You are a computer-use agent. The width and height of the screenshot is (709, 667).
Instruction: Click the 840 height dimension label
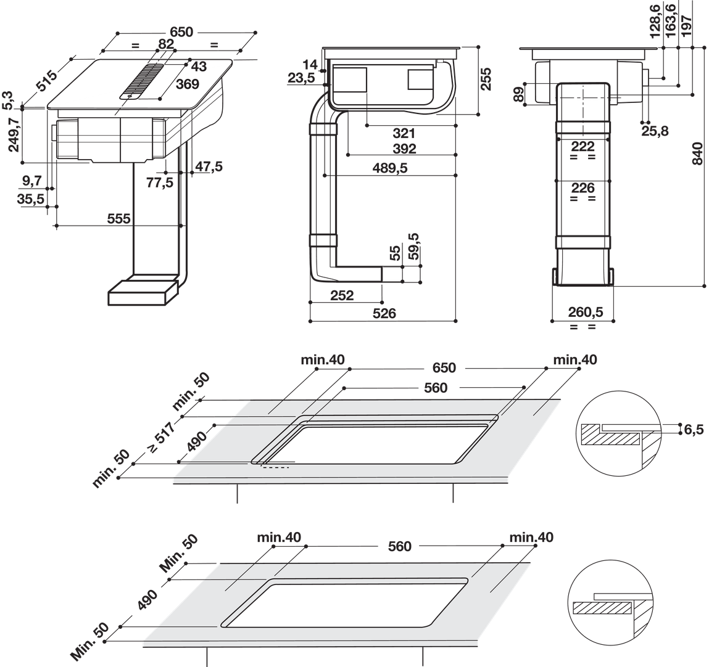click(x=698, y=153)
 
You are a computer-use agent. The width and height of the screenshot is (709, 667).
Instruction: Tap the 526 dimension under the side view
click(x=384, y=313)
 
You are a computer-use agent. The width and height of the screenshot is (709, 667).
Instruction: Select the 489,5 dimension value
click(x=390, y=168)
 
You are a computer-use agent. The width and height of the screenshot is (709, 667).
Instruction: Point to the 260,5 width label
click(x=586, y=312)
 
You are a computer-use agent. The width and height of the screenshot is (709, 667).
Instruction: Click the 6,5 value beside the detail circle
click(x=694, y=429)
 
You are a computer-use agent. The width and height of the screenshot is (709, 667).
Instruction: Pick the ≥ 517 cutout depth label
click(x=160, y=436)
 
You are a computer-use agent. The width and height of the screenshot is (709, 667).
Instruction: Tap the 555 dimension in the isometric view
click(x=118, y=219)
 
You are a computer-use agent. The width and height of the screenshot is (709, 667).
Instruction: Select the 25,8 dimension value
click(x=655, y=131)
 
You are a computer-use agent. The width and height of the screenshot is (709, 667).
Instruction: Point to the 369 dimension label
click(x=187, y=84)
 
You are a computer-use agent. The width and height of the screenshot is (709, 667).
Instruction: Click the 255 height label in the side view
click(x=485, y=78)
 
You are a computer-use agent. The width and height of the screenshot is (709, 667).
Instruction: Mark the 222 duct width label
click(x=583, y=146)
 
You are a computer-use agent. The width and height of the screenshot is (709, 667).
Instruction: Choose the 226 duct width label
click(x=583, y=187)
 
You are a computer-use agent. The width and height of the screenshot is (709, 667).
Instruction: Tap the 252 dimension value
click(x=342, y=295)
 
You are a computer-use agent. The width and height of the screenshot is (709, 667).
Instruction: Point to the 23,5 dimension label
click(x=301, y=78)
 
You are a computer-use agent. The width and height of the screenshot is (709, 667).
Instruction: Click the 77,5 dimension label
click(x=160, y=182)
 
